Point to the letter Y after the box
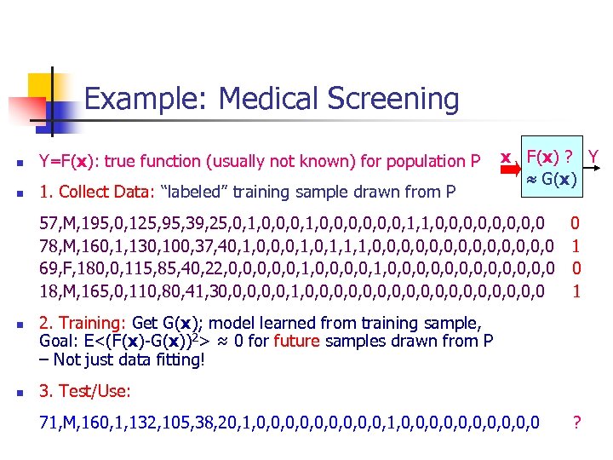593,157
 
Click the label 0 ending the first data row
576,223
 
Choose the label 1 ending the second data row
576,245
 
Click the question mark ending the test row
577,421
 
